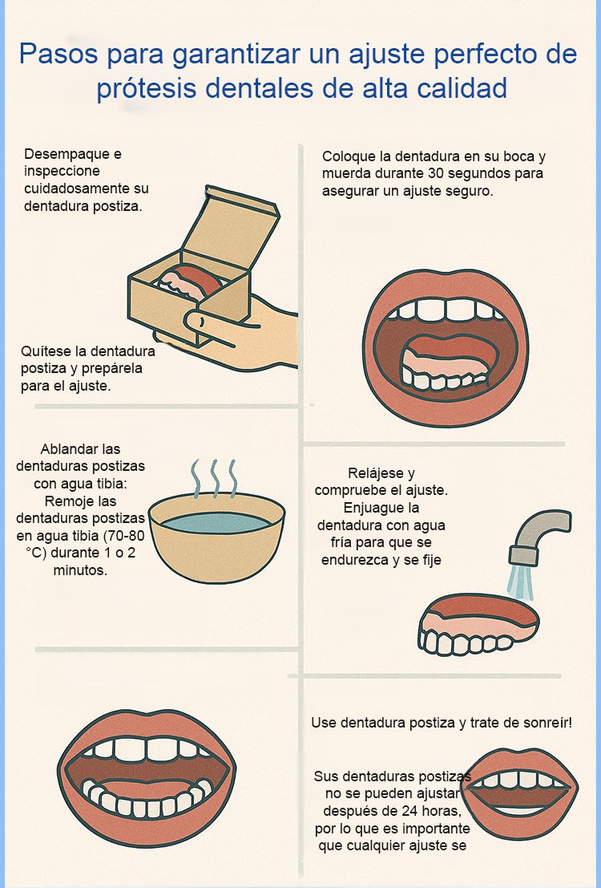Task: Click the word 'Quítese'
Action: pos(42,351)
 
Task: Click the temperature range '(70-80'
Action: pos(123,536)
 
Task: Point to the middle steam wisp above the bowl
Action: pos(215,479)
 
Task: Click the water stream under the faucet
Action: pos(519,582)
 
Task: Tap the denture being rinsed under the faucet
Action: pos(478,624)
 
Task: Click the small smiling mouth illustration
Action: pos(519,793)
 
